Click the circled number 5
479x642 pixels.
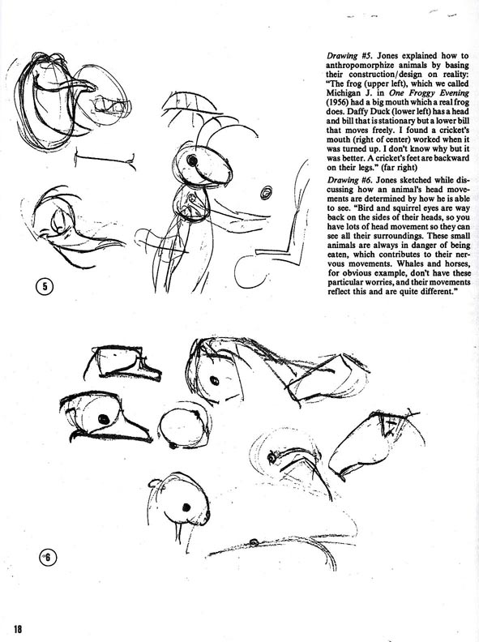click(45, 286)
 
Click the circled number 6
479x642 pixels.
click(48, 557)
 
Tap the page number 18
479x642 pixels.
click(18, 628)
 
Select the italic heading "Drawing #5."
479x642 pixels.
click(350, 56)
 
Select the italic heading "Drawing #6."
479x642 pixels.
click(350, 180)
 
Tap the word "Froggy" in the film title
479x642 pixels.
click(416, 93)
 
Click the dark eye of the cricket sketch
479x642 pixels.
click(192, 160)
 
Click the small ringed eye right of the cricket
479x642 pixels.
click(267, 191)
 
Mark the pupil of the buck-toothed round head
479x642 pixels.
click(186, 507)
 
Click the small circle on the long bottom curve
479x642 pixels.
click(254, 542)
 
